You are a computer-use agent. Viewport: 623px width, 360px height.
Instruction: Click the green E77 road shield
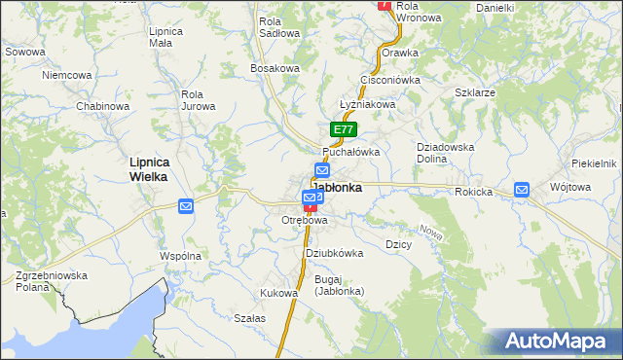[344, 128]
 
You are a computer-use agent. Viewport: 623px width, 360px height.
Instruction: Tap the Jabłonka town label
[338, 188]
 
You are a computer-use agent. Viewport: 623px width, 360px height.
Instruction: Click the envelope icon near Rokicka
[522, 190]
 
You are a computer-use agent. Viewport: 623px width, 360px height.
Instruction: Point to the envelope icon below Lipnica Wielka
[186, 205]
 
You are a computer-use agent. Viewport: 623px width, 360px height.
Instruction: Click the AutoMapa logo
[556, 341]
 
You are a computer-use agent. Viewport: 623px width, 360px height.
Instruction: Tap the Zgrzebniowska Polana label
[52, 281]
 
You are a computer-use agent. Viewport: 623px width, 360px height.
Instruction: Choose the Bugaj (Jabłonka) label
[339, 285]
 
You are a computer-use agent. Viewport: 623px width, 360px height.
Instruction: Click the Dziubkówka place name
[334, 253]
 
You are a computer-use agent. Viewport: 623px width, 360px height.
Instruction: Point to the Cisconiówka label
[389, 80]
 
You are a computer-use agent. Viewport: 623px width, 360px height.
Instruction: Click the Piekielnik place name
[595, 163]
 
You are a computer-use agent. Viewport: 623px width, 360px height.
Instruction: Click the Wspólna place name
[180, 256]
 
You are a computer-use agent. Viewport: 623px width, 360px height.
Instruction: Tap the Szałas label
[250, 318]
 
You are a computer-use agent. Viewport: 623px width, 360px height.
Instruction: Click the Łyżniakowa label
[367, 104]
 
